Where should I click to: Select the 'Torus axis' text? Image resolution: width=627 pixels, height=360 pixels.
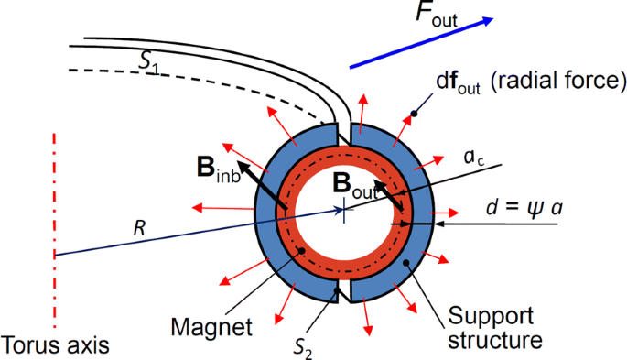(x=56, y=344)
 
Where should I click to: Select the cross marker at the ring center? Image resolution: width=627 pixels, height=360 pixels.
(x=343, y=210)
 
